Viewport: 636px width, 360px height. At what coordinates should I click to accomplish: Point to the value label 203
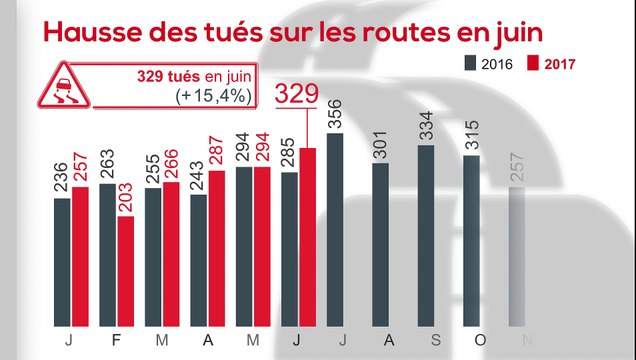[x=126, y=196]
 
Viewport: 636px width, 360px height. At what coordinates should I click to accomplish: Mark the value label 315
[x=471, y=135]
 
